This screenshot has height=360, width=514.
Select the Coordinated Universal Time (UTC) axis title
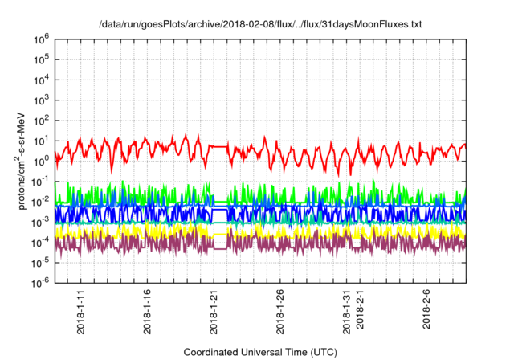click(261, 352)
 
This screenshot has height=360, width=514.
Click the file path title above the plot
click(260, 25)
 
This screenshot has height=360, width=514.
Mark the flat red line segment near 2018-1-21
click(218, 146)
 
